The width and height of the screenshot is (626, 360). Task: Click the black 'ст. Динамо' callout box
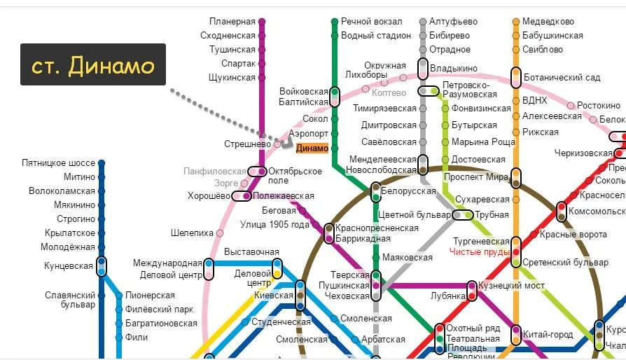click(x=92, y=64)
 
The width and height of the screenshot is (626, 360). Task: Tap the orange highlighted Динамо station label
click(x=312, y=148)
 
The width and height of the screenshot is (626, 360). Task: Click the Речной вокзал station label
click(x=372, y=22)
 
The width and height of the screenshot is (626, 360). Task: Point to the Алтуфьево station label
click(x=453, y=22)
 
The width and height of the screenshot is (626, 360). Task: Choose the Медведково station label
click(x=548, y=22)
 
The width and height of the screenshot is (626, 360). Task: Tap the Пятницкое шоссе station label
click(x=58, y=163)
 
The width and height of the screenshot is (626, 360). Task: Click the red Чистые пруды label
click(x=480, y=251)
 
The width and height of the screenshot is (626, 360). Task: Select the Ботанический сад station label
click(x=563, y=78)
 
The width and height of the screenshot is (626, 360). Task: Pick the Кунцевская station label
click(x=69, y=266)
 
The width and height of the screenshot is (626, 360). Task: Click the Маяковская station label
click(x=408, y=257)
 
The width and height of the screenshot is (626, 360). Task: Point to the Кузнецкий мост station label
click(x=510, y=286)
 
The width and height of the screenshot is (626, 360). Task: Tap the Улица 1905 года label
click(x=274, y=225)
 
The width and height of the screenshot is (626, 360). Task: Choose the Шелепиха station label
click(x=192, y=233)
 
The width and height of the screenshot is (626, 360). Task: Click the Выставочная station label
click(x=251, y=252)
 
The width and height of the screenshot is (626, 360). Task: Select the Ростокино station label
click(x=599, y=105)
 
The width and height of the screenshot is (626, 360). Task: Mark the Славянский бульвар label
click(x=70, y=300)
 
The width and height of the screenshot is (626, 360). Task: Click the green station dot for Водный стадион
click(x=335, y=36)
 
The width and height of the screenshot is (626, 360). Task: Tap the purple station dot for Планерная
click(x=262, y=22)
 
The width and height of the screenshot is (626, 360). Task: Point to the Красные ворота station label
click(x=573, y=235)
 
